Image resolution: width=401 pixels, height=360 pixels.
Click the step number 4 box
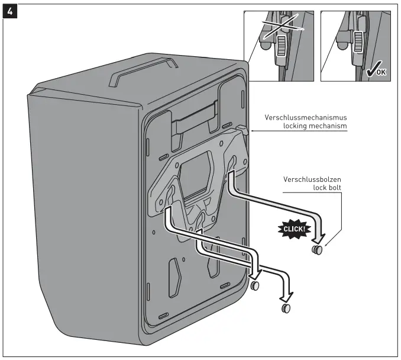pos(9,10)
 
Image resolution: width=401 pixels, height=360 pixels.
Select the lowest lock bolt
pos(286,308)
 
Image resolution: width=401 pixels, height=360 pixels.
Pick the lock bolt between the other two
pos(256,286)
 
